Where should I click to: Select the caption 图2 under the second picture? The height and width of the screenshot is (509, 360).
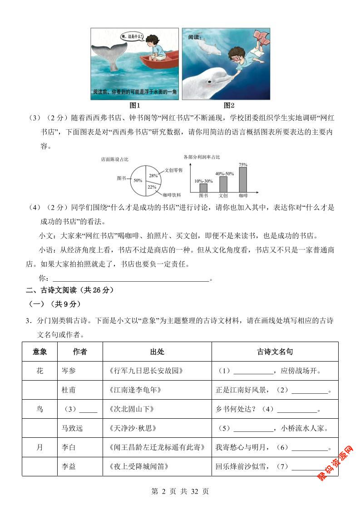coord(229,106)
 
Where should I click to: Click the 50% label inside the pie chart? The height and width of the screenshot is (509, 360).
coord(138,180)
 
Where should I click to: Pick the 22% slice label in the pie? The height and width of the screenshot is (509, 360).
coord(152,186)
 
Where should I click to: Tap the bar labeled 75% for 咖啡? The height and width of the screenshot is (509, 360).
coord(243,180)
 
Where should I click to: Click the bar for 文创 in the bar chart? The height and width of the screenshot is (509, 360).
coord(223,184)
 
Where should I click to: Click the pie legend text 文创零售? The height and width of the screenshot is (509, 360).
coord(173,170)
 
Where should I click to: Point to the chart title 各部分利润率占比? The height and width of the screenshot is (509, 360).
coord(202,157)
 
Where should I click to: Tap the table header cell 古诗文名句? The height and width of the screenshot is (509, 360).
coord(275,352)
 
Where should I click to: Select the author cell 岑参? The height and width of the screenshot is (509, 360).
coord(69,371)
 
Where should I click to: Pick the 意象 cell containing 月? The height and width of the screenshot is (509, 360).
coord(39,447)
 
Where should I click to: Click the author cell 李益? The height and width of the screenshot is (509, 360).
coord(69,466)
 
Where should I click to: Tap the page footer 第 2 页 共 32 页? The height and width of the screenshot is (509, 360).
coord(180,491)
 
